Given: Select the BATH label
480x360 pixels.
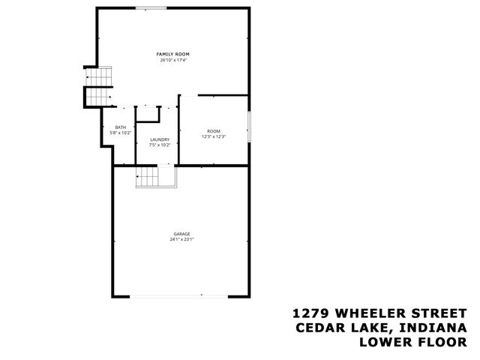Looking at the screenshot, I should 120,127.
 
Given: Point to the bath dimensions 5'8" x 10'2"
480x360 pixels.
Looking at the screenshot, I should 120,133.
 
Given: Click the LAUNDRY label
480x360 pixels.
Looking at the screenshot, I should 159,139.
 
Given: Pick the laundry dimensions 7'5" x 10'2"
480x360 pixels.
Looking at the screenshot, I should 159,145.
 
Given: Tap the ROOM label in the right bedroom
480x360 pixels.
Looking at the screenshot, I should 214,131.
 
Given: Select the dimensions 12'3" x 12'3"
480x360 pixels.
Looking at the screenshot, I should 214,137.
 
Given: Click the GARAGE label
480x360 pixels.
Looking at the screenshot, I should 181,234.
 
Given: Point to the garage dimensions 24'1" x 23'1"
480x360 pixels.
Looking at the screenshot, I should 181,240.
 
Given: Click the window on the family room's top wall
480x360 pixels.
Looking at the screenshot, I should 151,8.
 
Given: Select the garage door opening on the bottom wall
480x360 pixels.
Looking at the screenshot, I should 181,295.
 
